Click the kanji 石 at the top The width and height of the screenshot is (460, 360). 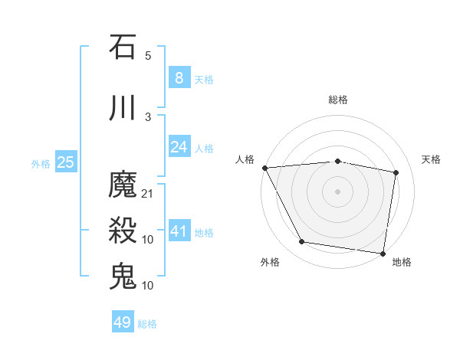(123, 47)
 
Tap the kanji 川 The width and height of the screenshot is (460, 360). (123, 108)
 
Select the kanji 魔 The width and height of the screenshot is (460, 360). (123, 185)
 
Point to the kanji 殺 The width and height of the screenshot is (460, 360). (123, 231)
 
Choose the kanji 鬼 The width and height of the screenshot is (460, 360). (123, 276)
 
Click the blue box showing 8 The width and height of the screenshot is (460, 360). (179, 77)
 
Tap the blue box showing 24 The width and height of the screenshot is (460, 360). (179, 147)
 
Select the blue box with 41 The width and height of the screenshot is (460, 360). (179, 231)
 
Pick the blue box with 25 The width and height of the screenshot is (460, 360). (65, 162)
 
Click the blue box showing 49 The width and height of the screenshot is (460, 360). (122, 322)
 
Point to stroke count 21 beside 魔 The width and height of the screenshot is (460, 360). (148, 194)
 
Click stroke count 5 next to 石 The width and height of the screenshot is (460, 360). (148, 56)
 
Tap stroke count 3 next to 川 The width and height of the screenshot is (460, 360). (148, 116)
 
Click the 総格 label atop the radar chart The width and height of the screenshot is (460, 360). (338, 100)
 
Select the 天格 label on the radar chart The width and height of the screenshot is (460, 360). (431, 159)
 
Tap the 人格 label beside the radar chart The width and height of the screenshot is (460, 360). (245, 159)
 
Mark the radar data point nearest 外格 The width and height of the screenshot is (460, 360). (301, 243)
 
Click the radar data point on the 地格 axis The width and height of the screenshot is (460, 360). (383, 253)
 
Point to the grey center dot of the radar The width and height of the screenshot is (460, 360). (338, 191)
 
